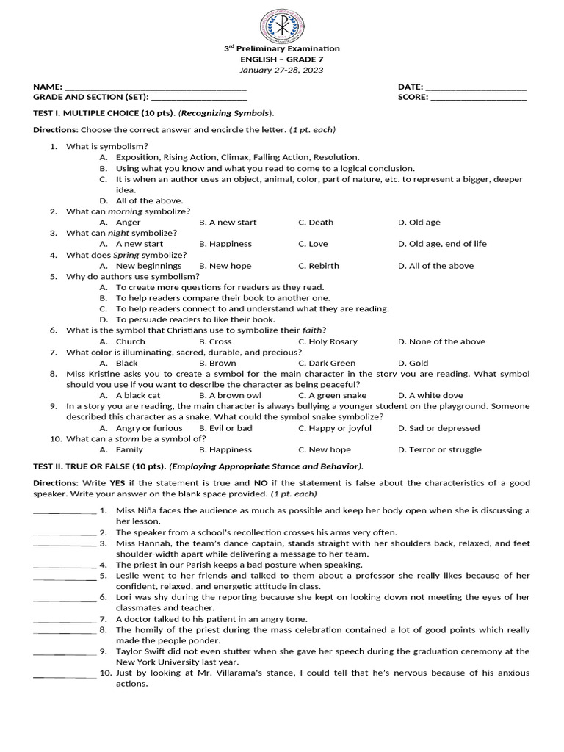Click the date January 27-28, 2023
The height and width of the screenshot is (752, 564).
click(x=282, y=70)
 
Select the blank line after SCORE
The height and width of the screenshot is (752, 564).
click(x=478, y=97)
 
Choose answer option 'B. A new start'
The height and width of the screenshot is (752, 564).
click(x=228, y=222)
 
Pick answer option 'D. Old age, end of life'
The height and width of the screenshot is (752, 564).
click(x=442, y=244)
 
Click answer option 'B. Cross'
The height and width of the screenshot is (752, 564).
click(x=215, y=341)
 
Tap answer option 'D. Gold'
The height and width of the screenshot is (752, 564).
click(x=413, y=363)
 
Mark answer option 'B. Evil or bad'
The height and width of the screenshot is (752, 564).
click(x=225, y=428)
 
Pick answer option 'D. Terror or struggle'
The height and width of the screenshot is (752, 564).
click(x=440, y=449)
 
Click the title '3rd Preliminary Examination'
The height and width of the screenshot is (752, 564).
click(x=282, y=48)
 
